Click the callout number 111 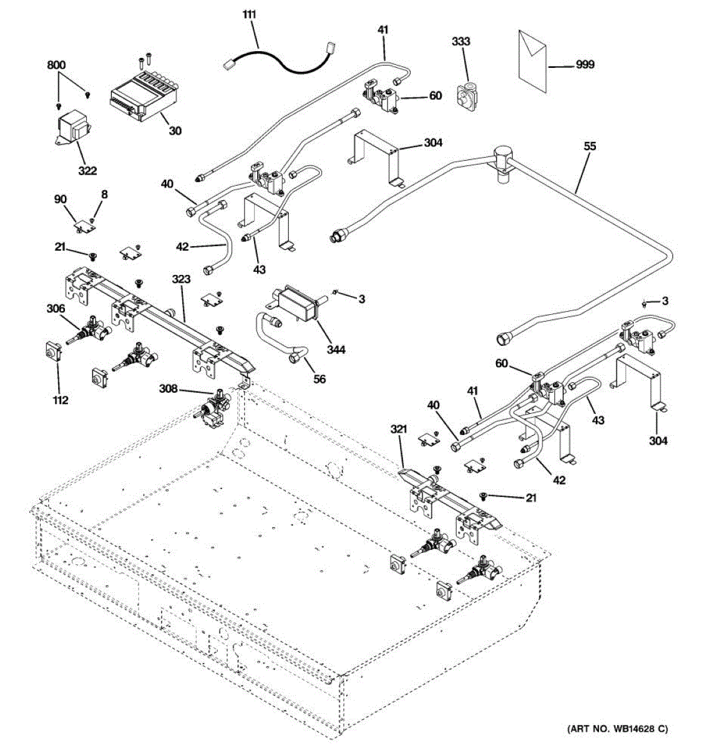coord(249,14)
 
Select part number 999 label coord(585,64)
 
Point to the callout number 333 coord(461,41)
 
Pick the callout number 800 coord(56,65)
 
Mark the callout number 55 coord(590,146)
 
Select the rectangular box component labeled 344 coord(298,304)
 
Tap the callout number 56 coord(319,379)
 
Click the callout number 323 coord(182,280)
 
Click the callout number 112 coord(60,400)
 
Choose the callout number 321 coord(399,429)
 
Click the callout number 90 coord(60,199)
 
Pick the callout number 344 coord(335,350)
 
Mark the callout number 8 coord(104,194)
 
